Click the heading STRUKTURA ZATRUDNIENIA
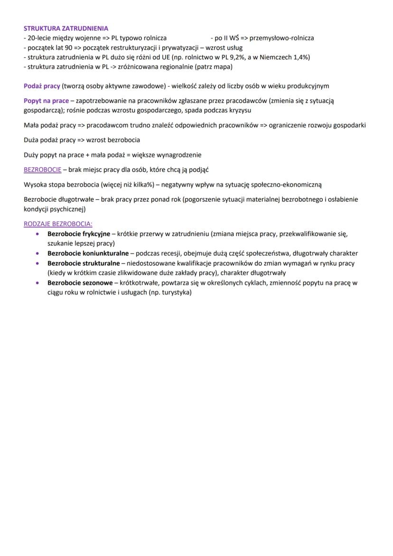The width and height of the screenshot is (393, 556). [66, 28]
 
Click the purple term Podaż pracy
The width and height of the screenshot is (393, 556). [42, 86]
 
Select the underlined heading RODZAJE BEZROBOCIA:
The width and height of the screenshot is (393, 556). [58, 224]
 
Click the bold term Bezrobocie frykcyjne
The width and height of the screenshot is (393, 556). [78, 234]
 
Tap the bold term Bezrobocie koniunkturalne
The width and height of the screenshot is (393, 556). [88, 253]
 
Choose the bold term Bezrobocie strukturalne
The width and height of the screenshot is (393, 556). [84, 263]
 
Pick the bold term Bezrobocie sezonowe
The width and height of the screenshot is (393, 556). [80, 283]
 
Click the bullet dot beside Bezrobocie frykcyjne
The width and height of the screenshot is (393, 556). [37, 234]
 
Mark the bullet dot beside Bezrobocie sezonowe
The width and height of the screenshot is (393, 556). [37, 283]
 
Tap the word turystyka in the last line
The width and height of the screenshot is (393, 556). [175, 292]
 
